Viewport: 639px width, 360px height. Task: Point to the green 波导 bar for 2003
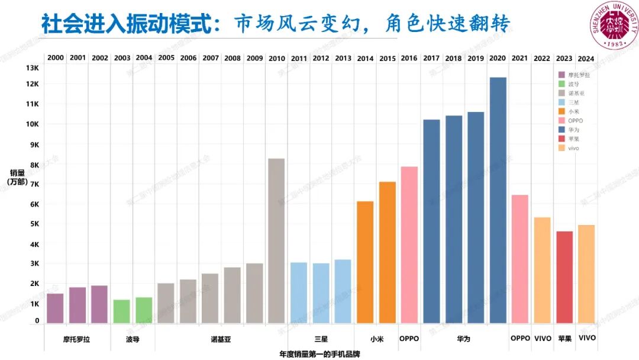[121, 311]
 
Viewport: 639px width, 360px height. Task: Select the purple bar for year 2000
[55, 308]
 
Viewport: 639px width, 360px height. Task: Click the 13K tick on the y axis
[32, 68]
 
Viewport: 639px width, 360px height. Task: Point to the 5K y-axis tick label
[34, 224]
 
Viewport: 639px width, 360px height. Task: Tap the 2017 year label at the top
[431, 58]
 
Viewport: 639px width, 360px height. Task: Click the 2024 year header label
[586, 58]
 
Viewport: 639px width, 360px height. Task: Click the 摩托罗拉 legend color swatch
[561, 75]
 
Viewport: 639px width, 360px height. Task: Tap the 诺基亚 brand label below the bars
[221, 339]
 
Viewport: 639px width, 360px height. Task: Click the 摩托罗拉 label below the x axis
[77, 339]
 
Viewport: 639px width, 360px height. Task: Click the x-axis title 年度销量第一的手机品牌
[319, 354]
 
